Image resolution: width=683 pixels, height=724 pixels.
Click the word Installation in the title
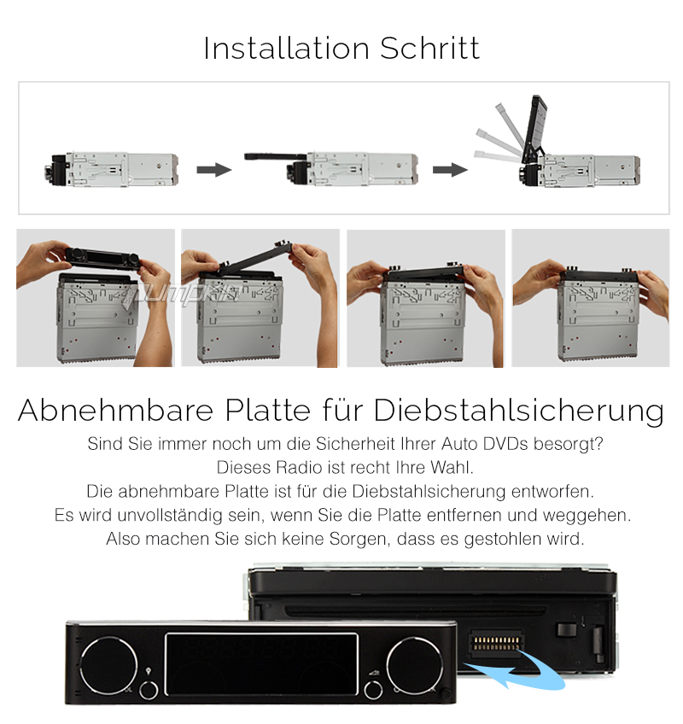[286, 48]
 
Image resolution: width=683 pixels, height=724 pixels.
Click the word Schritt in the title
[430, 48]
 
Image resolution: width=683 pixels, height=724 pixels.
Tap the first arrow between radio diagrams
[213, 170]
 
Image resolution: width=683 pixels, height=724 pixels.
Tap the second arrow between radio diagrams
[450, 170]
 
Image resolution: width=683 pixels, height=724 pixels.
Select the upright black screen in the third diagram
[534, 129]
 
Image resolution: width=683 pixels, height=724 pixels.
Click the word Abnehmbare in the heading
[116, 410]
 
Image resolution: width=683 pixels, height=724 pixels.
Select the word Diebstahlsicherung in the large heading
[518, 410]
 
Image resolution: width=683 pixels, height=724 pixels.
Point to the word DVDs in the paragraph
[505, 444]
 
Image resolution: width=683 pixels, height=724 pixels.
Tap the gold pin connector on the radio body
[496, 643]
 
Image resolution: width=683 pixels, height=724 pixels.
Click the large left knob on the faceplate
[109, 666]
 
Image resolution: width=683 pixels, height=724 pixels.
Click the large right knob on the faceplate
[415, 666]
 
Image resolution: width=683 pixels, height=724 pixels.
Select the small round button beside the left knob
[149, 691]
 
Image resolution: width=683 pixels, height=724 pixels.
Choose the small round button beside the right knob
[373, 691]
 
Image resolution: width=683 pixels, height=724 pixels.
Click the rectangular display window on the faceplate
[261, 664]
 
